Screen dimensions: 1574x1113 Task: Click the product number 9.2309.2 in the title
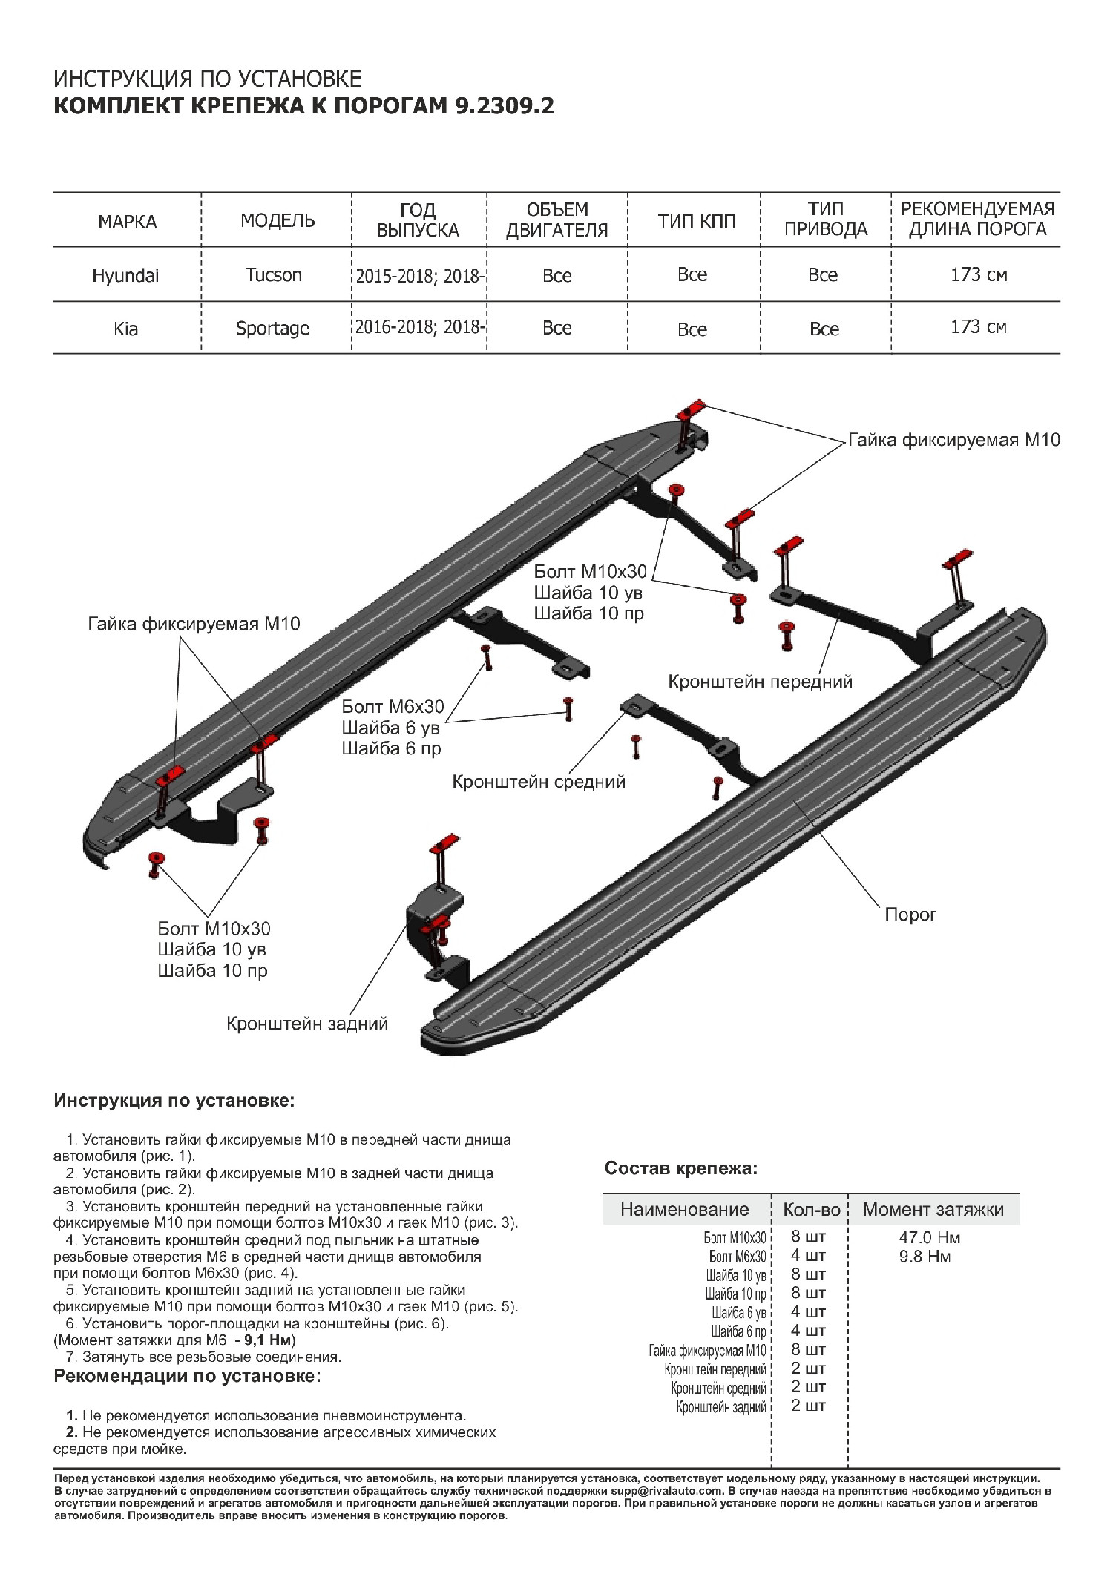pos(504,106)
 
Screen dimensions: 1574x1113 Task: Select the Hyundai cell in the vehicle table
pos(125,276)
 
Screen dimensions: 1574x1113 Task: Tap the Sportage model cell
pos(272,329)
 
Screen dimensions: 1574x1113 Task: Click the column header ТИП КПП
pos(696,221)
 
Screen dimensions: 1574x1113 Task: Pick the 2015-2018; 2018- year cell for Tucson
pos(419,276)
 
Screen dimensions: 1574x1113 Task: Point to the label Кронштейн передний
pos(760,682)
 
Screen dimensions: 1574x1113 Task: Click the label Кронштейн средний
pos(539,782)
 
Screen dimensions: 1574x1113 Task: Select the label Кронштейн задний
pos(307,1024)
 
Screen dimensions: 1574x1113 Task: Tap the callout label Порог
pos(910,915)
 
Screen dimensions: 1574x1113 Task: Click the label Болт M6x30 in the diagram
pos(393,707)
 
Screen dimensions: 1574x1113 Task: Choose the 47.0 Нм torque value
pos(929,1237)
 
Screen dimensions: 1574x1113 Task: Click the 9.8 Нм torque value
pos(925,1256)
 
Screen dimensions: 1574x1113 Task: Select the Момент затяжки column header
pos(933,1209)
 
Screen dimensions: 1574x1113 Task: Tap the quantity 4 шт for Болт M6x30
pos(808,1256)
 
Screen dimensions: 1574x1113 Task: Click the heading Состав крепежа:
pos(681,1168)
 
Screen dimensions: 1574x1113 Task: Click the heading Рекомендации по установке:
pos(187,1376)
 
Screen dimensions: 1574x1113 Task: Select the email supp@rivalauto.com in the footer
pos(666,1491)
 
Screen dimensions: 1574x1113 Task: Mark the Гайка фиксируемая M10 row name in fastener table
pos(707,1351)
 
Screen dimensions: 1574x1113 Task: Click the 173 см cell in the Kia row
pos(978,327)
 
